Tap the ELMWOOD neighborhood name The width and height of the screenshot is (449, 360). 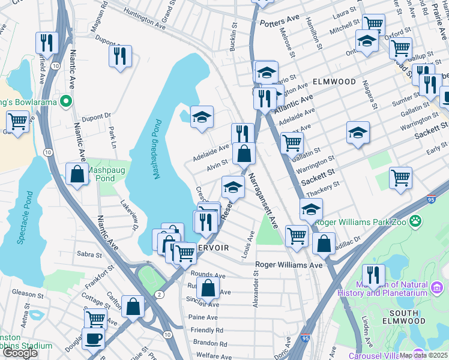(x=333, y=81)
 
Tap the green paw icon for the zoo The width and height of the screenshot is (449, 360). (x=431, y=222)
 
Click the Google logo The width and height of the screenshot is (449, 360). (x=20, y=353)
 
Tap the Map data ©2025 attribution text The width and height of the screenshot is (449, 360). (x=423, y=355)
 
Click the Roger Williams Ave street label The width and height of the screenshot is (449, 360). (x=289, y=265)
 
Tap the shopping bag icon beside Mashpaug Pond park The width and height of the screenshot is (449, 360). (x=77, y=175)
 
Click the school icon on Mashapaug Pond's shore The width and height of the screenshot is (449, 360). (x=202, y=116)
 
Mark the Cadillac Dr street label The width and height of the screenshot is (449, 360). (x=349, y=240)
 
